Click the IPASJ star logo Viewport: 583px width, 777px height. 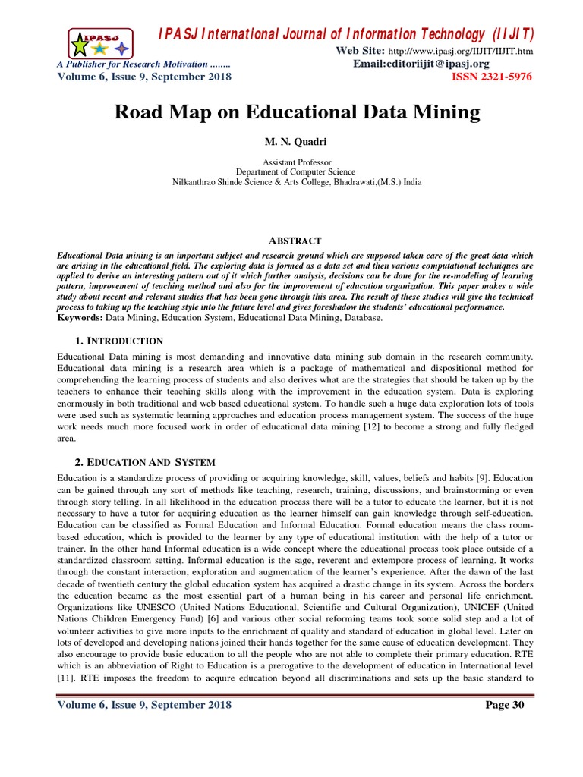(x=98, y=43)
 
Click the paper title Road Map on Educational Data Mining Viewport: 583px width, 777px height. (x=297, y=113)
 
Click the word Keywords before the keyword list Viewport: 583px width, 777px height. (x=81, y=318)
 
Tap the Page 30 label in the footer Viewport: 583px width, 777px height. (x=505, y=706)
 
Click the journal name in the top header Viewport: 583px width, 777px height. (x=346, y=34)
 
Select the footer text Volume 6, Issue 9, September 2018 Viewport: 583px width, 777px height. (x=145, y=706)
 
